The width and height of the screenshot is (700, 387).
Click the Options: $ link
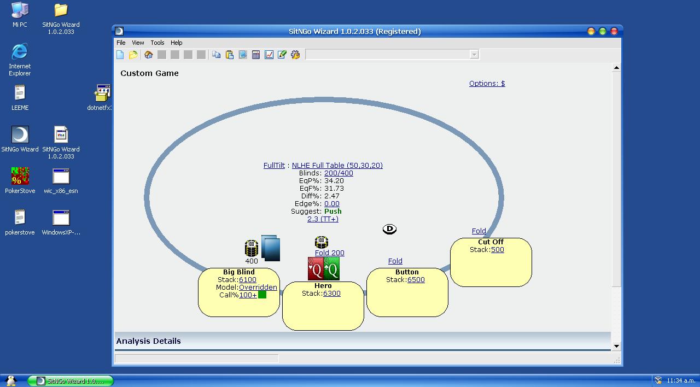pyautogui.click(x=487, y=84)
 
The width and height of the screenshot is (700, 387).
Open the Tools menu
pyautogui.click(x=157, y=43)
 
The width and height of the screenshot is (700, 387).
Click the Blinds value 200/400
pyautogui.click(x=339, y=173)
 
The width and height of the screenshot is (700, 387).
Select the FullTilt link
pyautogui.click(x=274, y=165)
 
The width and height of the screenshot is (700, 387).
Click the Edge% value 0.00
pyautogui.click(x=331, y=204)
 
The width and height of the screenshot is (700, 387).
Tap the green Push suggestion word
pyautogui.click(x=333, y=211)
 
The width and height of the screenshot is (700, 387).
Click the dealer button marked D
pyautogui.click(x=389, y=229)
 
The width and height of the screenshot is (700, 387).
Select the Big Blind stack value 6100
pyautogui.click(x=248, y=279)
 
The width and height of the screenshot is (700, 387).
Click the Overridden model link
pyautogui.click(x=258, y=287)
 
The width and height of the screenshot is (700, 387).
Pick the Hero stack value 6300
pyautogui.click(x=331, y=294)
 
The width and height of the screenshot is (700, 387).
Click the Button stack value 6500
pyautogui.click(x=416, y=279)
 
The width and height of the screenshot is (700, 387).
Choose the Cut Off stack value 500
pyautogui.click(x=498, y=250)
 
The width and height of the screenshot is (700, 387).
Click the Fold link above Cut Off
pyautogui.click(x=479, y=231)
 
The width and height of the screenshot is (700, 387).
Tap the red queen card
pyautogui.click(x=316, y=268)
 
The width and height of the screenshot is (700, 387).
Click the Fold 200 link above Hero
pyautogui.click(x=329, y=253)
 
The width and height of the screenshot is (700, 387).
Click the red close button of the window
pyautogui.click(x=614, y=31)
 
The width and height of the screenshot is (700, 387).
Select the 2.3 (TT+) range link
pyautogui.click(x=323, y=219)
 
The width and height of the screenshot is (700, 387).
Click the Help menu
pyautogui.click(x=176, y=43)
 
